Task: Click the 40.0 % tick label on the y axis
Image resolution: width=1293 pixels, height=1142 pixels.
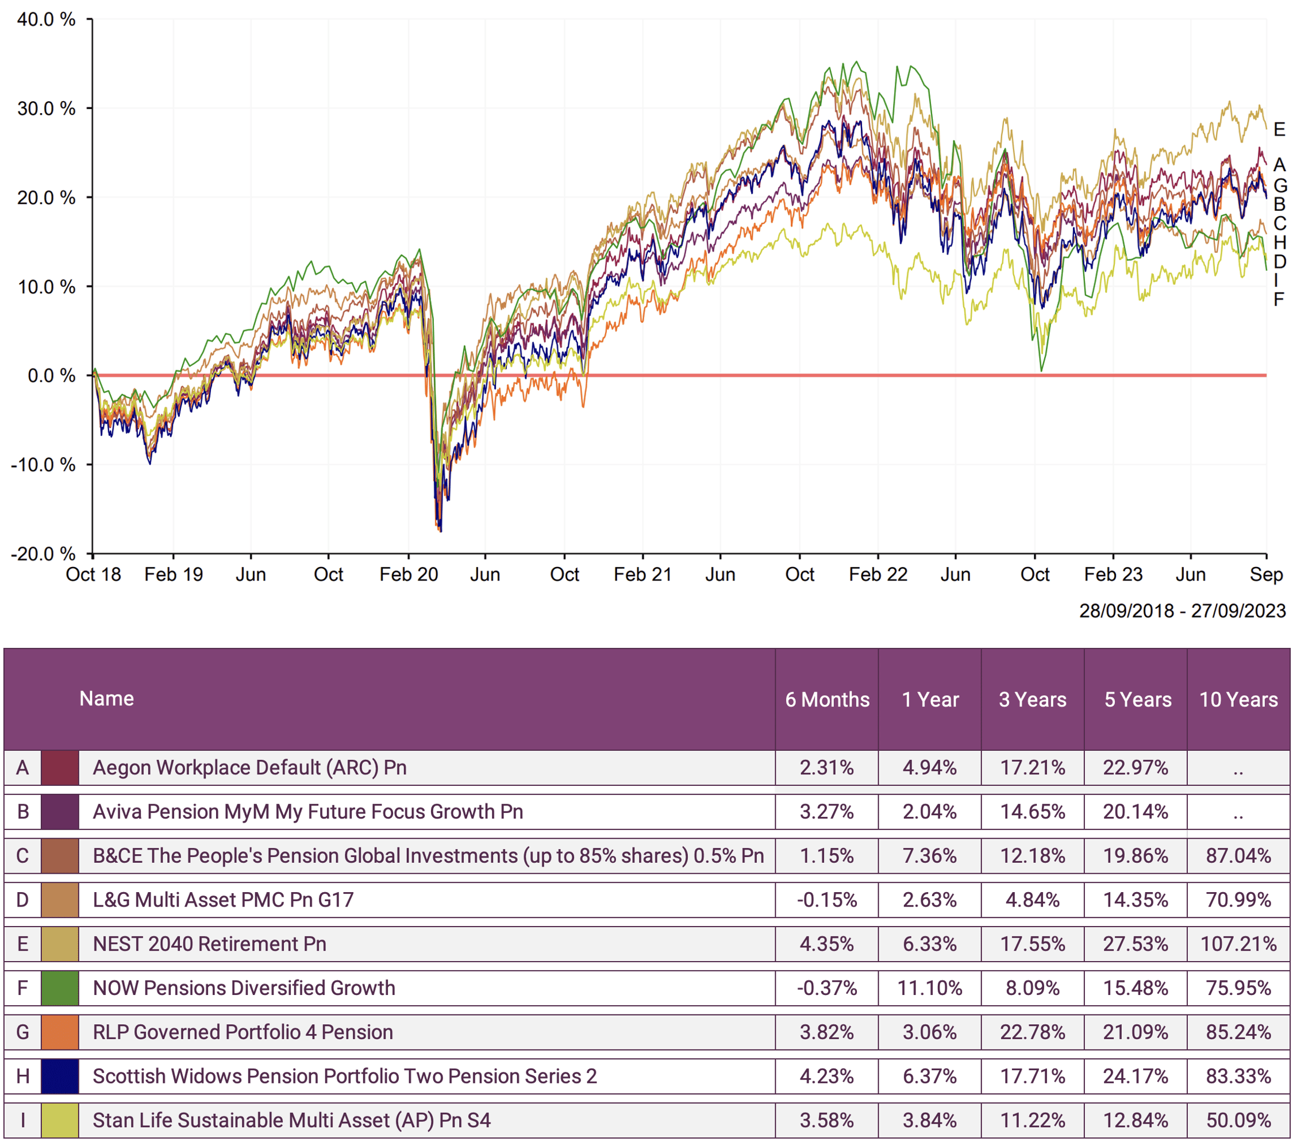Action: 46,20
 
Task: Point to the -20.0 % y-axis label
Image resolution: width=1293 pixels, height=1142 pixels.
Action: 43,554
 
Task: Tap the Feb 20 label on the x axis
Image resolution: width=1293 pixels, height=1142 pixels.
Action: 409,574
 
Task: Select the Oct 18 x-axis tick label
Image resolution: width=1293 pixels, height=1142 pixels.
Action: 94,574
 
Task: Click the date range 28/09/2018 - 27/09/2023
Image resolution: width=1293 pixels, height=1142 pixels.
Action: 1182,610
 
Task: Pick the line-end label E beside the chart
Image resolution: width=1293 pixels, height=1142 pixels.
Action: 1279,130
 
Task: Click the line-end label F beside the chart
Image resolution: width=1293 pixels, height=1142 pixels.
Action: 1279,299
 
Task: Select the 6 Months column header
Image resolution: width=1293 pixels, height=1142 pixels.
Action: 827,699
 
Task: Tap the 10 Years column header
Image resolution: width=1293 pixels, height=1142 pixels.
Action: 1238,699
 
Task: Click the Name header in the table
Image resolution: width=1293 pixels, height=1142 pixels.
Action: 106,698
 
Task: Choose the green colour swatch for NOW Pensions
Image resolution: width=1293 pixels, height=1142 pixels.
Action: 60,987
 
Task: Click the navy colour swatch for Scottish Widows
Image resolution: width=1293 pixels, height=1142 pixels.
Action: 60,1075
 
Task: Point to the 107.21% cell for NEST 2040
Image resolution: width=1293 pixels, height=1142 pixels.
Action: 1238,943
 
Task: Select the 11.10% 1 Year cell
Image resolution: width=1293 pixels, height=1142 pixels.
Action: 929,987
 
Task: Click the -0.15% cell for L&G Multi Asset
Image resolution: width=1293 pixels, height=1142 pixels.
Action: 827,899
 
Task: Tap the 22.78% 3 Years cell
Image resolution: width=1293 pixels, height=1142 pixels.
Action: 1032,1032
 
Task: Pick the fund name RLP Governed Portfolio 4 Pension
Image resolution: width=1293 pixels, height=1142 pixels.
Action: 243,1032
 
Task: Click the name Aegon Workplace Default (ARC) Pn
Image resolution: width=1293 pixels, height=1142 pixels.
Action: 250,767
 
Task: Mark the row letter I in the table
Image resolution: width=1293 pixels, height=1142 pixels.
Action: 23,1120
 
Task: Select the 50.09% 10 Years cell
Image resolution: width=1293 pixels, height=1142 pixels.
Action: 1238,1120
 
